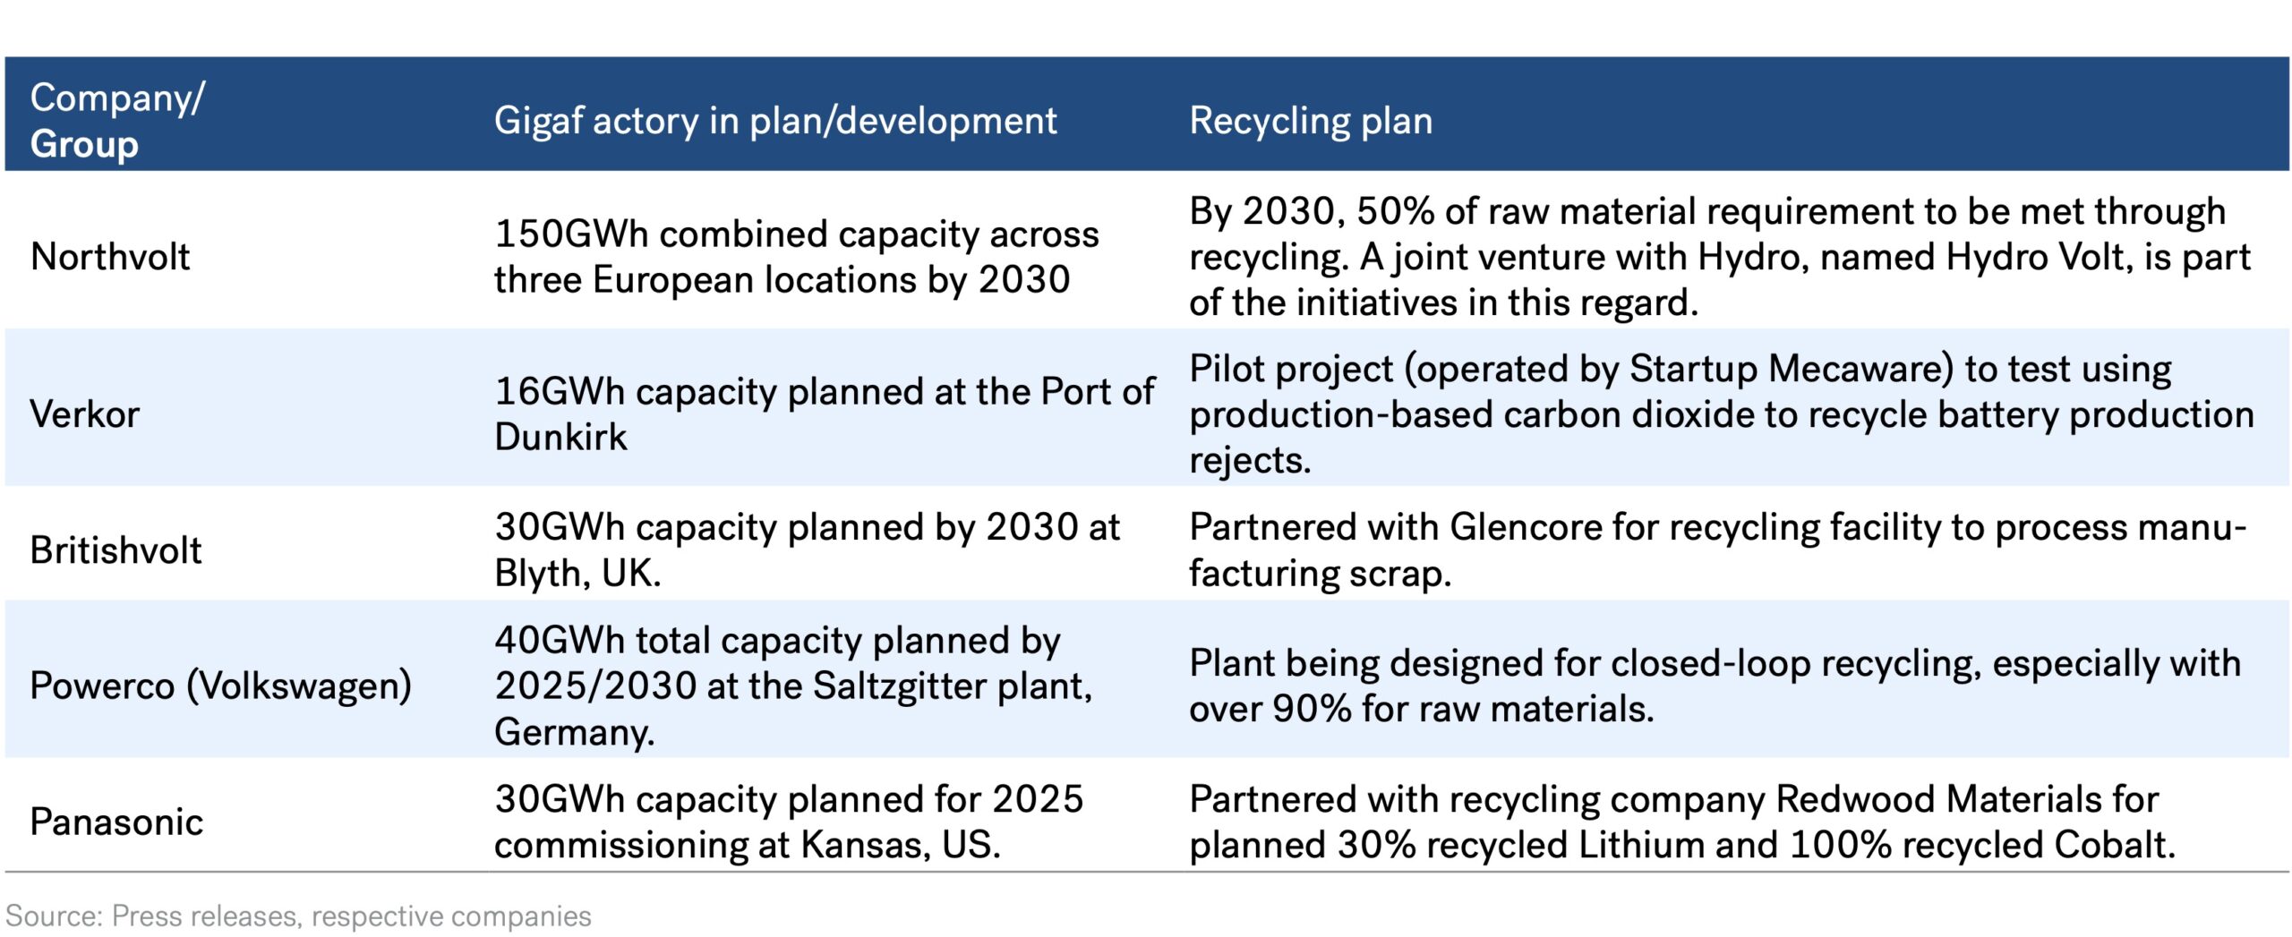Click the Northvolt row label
tap(110, 258)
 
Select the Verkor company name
tap(85, 415)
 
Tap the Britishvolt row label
tap(115, 550)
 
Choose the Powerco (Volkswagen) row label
tap(220, 686)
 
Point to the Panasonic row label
tap(116, 822)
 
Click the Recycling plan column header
tap(1310, 121)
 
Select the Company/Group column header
tap(116, 121)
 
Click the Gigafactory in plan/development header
tap(774, 121)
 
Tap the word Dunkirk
tap(560, 438)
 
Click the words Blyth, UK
tap(577, 574)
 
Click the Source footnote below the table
tap(298, 916)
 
